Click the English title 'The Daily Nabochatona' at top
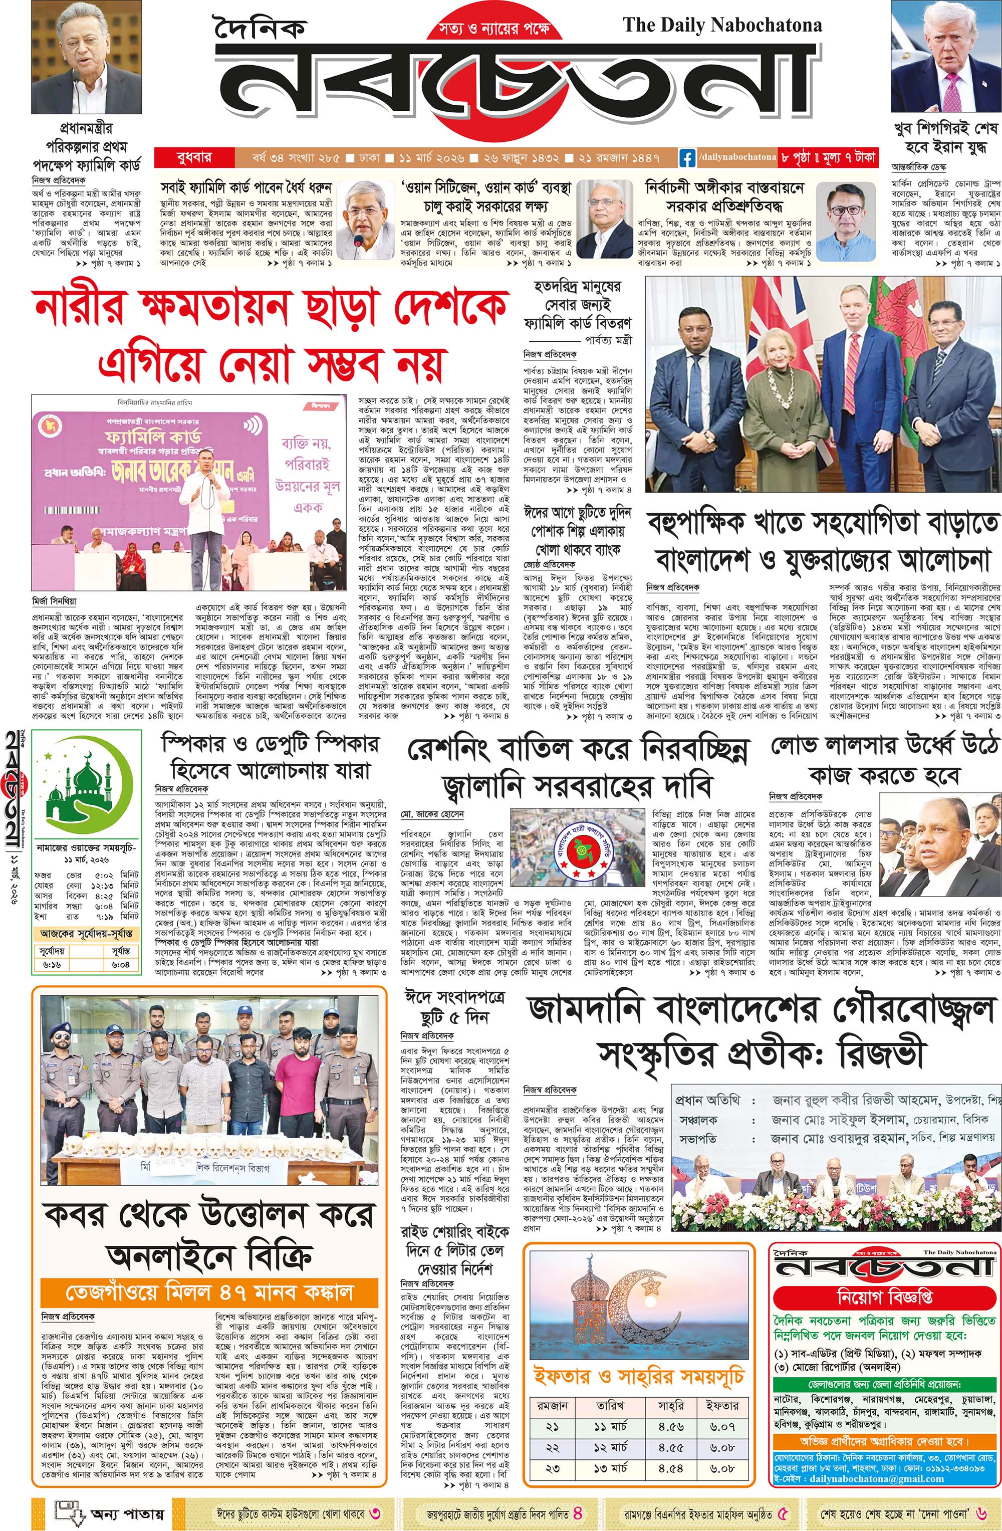pos(722,26)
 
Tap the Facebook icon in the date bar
pos(687,156)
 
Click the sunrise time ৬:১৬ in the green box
pos(53,964)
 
